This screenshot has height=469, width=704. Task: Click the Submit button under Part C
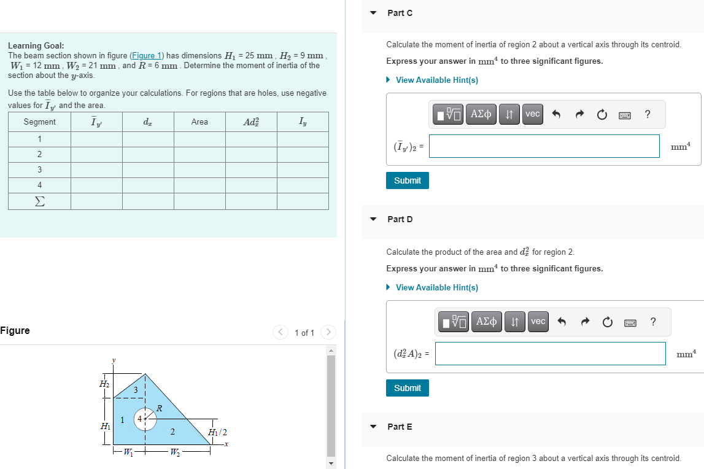pyautogui.click(x=408, y=180)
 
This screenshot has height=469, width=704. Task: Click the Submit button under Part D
pyautogui.click(x=408, y=388)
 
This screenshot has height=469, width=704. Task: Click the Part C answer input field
pyautogui.click(x=544, y=146)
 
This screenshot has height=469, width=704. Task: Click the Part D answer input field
pyautogui.click(x=550, y=354)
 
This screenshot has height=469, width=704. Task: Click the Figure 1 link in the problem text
pyautogui.click(x=147, y=55)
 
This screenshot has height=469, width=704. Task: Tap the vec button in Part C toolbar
pyautogui.click(x=533, y=114)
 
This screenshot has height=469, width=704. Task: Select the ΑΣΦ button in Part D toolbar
pyautogui.click(x=486, y=322)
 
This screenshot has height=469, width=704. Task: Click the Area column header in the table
pyautogui.click(x=199, y=122)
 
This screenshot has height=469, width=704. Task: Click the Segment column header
pyautogui.click(x=39, y=122)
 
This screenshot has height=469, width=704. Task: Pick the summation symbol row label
pyautogui.click(x=39, y=201)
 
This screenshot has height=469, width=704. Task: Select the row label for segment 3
pyautogui.click(x=39, y=169)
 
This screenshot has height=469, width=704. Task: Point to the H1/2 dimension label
pyautogui.click(x=217, y=432)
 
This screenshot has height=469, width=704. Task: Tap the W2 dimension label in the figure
pyautogui.click(x=174, y=454)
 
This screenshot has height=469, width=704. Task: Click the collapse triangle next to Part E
pyautogui.click(x=373, y=427)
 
